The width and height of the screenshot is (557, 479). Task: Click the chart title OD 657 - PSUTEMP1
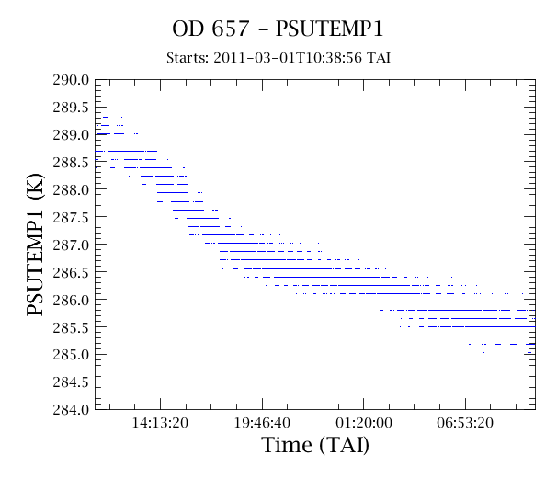[278, 29]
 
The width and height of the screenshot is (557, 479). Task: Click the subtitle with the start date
[278, 58]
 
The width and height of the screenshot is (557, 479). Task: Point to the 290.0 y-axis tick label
[71, 80]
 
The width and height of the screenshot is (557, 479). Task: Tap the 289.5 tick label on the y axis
[71, 108]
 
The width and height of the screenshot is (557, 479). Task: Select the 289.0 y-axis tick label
[71, 135]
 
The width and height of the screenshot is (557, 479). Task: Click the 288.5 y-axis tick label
[71, 163]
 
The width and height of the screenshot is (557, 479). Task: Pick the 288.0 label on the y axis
[71, 189]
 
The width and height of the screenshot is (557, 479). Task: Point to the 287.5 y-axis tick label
[71, 218]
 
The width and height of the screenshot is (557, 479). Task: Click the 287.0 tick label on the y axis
[71, 245]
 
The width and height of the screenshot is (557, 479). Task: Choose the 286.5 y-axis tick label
[71, 272]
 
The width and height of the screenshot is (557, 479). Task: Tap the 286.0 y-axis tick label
[71, 300]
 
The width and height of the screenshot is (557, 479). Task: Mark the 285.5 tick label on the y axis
[71, 327]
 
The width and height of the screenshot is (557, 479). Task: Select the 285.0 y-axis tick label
[71, 355]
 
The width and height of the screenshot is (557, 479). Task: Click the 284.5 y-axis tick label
[71, 382]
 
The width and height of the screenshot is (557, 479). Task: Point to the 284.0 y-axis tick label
[71, 410]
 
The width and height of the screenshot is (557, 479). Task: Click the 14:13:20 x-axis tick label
[160, 423]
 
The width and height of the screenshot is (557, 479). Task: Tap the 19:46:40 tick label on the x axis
[262, 423]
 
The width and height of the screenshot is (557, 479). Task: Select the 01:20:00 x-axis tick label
[364, 423]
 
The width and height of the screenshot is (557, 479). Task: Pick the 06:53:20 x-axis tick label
[465, 423]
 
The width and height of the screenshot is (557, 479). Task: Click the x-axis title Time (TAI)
[315, 445]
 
